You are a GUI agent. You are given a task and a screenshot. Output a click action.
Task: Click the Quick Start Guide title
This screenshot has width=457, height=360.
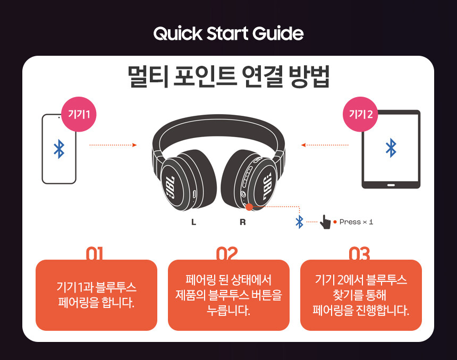pyautogui.click(x=228, y=34)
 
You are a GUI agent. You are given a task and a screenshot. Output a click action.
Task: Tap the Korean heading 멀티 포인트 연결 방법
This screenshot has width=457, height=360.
pyautogui.click(x=229, y=76)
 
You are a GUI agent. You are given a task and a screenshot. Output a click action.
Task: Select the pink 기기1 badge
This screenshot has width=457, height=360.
pyautogui.click(x=79, y=114)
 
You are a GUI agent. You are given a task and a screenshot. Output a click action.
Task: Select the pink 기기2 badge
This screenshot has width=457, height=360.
pyautogui.click(x=360, y=114)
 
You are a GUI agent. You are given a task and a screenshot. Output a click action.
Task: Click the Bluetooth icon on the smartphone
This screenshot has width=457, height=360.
pyautogui.click(x=59, y=149)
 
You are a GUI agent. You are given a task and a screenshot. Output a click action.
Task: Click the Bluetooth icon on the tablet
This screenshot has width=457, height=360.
pyautogui.click(x=391, y=148)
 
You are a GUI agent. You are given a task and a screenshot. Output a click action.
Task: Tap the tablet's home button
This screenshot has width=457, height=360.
pyautogui.click(x=391, y=185)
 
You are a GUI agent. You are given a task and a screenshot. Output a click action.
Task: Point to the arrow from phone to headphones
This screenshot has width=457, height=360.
pyautogui.click(x=113, y=145)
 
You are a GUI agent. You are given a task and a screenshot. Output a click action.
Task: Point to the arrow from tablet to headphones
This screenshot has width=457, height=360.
pyautogui.click(x=325, y=145)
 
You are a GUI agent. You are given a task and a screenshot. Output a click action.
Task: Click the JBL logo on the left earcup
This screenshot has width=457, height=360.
pyautogui.click(x=171, y=187)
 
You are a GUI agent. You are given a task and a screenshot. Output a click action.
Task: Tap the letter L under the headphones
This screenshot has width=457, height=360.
pyautogui.click(x=193, y=222)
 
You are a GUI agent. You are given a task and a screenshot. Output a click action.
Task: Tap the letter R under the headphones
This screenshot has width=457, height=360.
pyautogui.click(x=242, y=222)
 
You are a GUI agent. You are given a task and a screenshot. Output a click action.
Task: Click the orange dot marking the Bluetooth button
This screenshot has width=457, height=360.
pyautogui.click(x=249, y=207)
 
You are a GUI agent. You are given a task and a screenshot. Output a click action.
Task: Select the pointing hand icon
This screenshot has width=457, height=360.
pyautogui.click(x=325, y=222)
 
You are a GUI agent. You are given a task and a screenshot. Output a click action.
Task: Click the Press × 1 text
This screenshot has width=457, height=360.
pyautogui.click(x=356, y=222)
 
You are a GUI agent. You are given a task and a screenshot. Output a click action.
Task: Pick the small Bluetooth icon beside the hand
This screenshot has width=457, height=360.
pyautogui.click(x=299, y=222)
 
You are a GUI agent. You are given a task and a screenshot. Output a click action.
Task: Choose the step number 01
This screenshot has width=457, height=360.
pyautogui.click(x=95, y=254)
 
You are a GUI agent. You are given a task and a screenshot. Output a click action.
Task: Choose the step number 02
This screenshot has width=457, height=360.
pyautogui.click(x=227, y=254)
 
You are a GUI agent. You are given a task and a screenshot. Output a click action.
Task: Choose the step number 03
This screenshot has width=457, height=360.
pyautogui.click(x=359, y=254)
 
